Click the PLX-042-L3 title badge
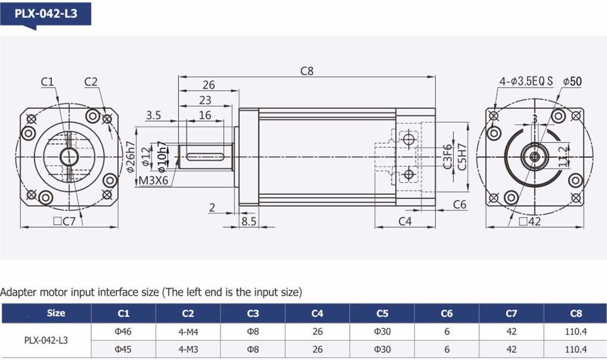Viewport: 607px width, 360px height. coord(46,14)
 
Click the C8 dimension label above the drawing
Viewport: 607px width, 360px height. coord(306,71)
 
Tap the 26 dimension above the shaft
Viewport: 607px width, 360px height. coord(208,85)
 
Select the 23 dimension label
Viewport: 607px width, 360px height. coord(205,100)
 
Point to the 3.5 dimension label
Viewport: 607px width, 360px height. coord(153,116)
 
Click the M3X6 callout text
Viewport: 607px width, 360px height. coord(153,181)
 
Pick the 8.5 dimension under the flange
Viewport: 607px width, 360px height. coord(249,221)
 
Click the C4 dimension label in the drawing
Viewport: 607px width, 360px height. coord(405,221)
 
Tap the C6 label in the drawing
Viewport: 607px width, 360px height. coord(460,204)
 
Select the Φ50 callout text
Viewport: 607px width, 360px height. coord(572,81)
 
